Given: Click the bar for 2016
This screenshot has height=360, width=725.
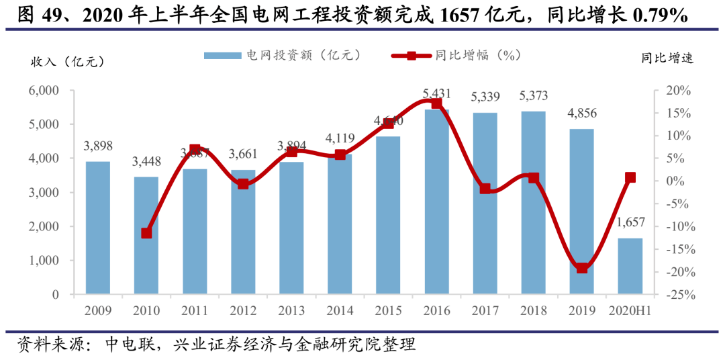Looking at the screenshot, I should click(x=436, y=201).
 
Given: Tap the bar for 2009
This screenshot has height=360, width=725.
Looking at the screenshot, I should click(x=98, y=228).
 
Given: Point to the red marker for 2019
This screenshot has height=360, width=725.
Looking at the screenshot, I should click(x=582, y=268).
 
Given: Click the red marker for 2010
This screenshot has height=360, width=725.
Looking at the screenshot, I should click(x=146, y=233).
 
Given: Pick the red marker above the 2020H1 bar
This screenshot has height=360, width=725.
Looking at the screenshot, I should click(x=630, y=178).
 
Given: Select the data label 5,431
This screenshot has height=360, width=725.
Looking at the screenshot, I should click(x=436, y=93).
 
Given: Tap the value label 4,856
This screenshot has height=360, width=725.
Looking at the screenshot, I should click(x=581, y=113).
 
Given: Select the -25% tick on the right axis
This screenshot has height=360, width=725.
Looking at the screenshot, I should click(x=677, y=295).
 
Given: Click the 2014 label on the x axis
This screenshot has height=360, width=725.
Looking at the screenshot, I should click(x=340, y=311).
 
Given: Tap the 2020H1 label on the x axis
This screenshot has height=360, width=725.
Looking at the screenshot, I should click(x=630, y=311).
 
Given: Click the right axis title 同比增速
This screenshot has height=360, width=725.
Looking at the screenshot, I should click(x=667, y=58).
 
